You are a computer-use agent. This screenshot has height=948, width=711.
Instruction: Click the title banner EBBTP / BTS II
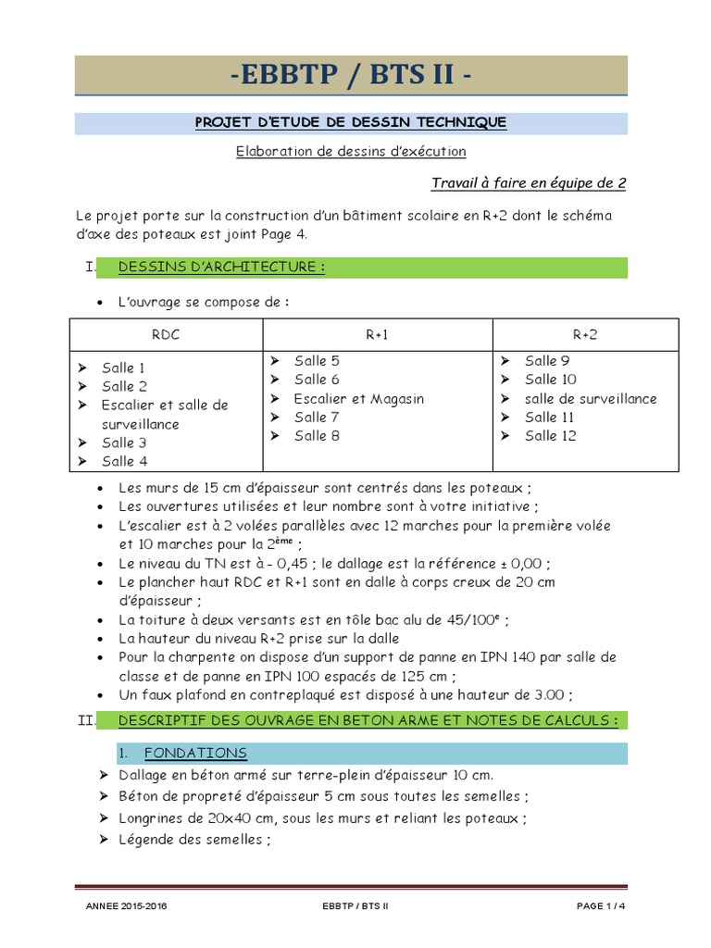pyautogui.click(x=351, y=74)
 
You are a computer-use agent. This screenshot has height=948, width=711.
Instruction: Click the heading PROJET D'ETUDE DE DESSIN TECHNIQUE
pyautogui.click(x=351, y=122)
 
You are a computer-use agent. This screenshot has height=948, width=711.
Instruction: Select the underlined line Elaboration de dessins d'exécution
pyautogui.click(x=351, y=151)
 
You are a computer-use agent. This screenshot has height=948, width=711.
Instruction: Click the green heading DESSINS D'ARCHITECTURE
pyautogui.click(x=221, y=268)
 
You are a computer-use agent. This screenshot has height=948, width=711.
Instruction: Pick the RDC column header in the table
pyautogui.click(x=166, y=334)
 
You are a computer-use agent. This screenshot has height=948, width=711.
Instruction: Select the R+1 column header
pyautogui.click(x=377, y=334)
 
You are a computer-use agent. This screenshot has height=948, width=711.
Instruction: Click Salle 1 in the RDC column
pyautogui.click(x=124, y=368)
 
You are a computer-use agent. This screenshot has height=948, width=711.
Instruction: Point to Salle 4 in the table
pyautogui.click(x=125, y=461)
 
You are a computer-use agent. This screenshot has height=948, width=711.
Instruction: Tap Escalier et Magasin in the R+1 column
pyautogui.click(x=358, y=398)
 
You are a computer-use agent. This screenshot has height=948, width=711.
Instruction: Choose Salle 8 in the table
pyautogui.click(x=317, y=435)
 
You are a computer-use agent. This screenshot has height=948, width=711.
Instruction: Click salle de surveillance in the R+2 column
pyautogui.click(x=591, y=398)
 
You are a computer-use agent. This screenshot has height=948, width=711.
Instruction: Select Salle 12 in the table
pyautogui.click(x=551, y=435)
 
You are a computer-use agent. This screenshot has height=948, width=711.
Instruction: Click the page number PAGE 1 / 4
pyautogui.click(x=602, y=907)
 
